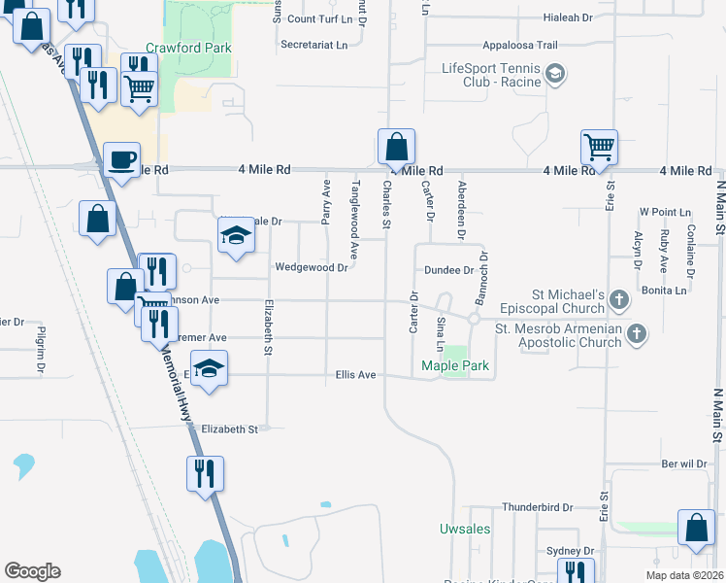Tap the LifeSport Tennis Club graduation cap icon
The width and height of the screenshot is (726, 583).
[x=555, y=73]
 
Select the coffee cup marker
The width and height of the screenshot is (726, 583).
[x=122, y=159]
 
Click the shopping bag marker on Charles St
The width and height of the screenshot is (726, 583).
[x=396, y=148]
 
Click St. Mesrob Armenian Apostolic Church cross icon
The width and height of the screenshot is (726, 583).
[x=636, y=334]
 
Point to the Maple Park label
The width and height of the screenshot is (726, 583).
[x=455, y=366]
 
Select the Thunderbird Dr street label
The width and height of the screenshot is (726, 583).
[x=539, y=507]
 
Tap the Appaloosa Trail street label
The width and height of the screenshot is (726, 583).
[x=520, y=45]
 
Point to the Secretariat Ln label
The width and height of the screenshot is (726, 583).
[x=313, y=45]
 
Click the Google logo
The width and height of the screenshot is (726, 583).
[x=32, y=571]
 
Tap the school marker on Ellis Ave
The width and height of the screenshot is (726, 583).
[x=208, y=369]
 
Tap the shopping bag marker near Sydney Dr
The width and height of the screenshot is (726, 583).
[x=697, y=528]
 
